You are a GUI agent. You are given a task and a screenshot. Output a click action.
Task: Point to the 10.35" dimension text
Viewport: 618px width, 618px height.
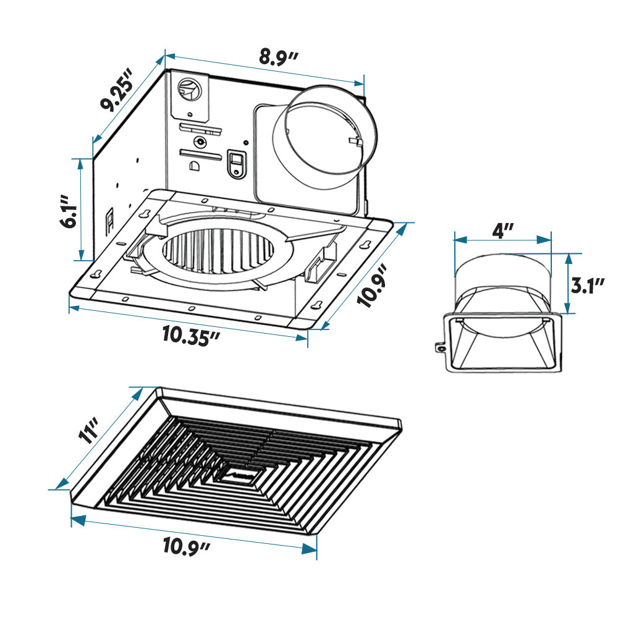tap(192, 336)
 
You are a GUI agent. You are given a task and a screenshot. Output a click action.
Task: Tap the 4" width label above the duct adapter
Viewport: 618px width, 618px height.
tap(503, 231)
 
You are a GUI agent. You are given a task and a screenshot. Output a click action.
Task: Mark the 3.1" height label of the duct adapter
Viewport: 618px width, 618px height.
tap(587, 286)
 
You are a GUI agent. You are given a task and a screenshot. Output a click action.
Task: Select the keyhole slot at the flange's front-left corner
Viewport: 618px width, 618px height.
tap(96, 274)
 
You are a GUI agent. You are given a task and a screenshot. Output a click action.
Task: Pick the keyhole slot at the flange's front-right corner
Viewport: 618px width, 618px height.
tap(316, 304)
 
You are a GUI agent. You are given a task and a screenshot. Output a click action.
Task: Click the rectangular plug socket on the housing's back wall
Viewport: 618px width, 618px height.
tap(235, 164)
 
